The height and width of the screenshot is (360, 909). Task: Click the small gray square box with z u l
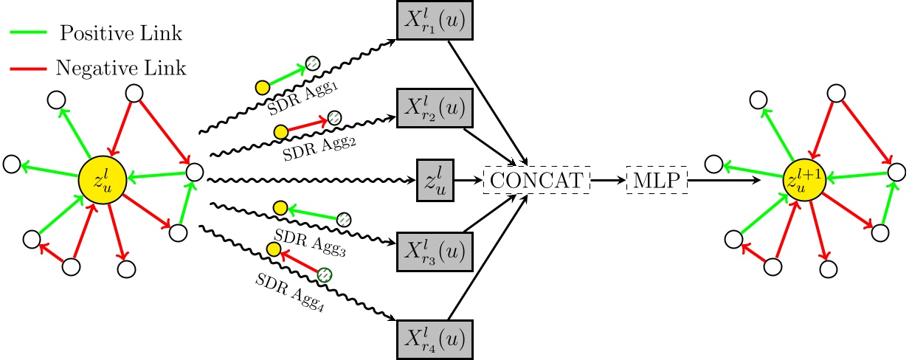pyautogui.click(x=435, y=180)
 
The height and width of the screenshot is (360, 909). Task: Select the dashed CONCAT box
pyautogui.click(x=536, y=180)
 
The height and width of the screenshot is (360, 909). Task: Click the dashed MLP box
pyautogui.click(x=657, y=180)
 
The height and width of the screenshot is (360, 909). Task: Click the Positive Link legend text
pyautogui.click(x=121, y=33)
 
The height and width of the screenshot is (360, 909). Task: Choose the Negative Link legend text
pyautogui.click(x=121, y=68)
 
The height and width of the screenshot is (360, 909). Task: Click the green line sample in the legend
pyautogui.click(x=27, y=33)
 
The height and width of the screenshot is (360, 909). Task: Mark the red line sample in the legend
pyautogui.click(x=27, y=68)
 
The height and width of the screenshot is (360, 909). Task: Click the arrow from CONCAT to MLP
pyautogui.click(x=608, y=180)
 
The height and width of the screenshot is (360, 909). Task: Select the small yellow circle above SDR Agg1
pyautogui.click(x=261, y=86)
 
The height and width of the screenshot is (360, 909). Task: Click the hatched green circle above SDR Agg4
pyautogui.click(x=325, y=274)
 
